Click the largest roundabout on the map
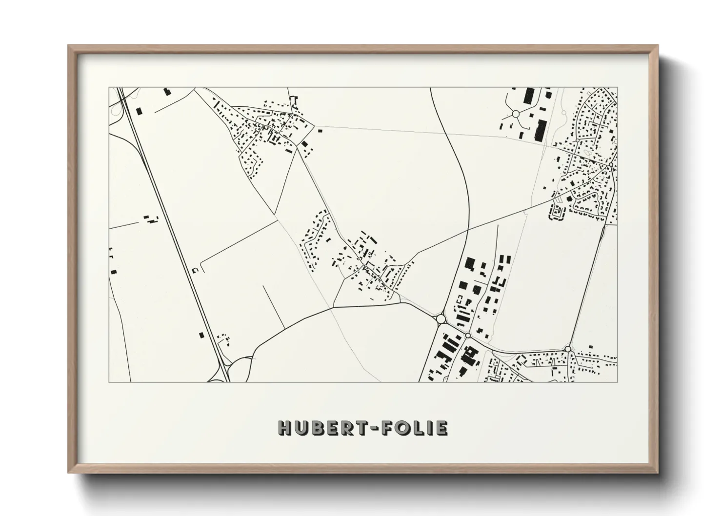[441, 318]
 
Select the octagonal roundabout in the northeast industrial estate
[515, 114]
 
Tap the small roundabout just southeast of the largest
[467, 335]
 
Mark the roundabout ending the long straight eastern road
[568, 348]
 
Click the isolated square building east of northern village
[320, 130]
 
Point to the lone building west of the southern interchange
[201, 335]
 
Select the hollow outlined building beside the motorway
[196, 270]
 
